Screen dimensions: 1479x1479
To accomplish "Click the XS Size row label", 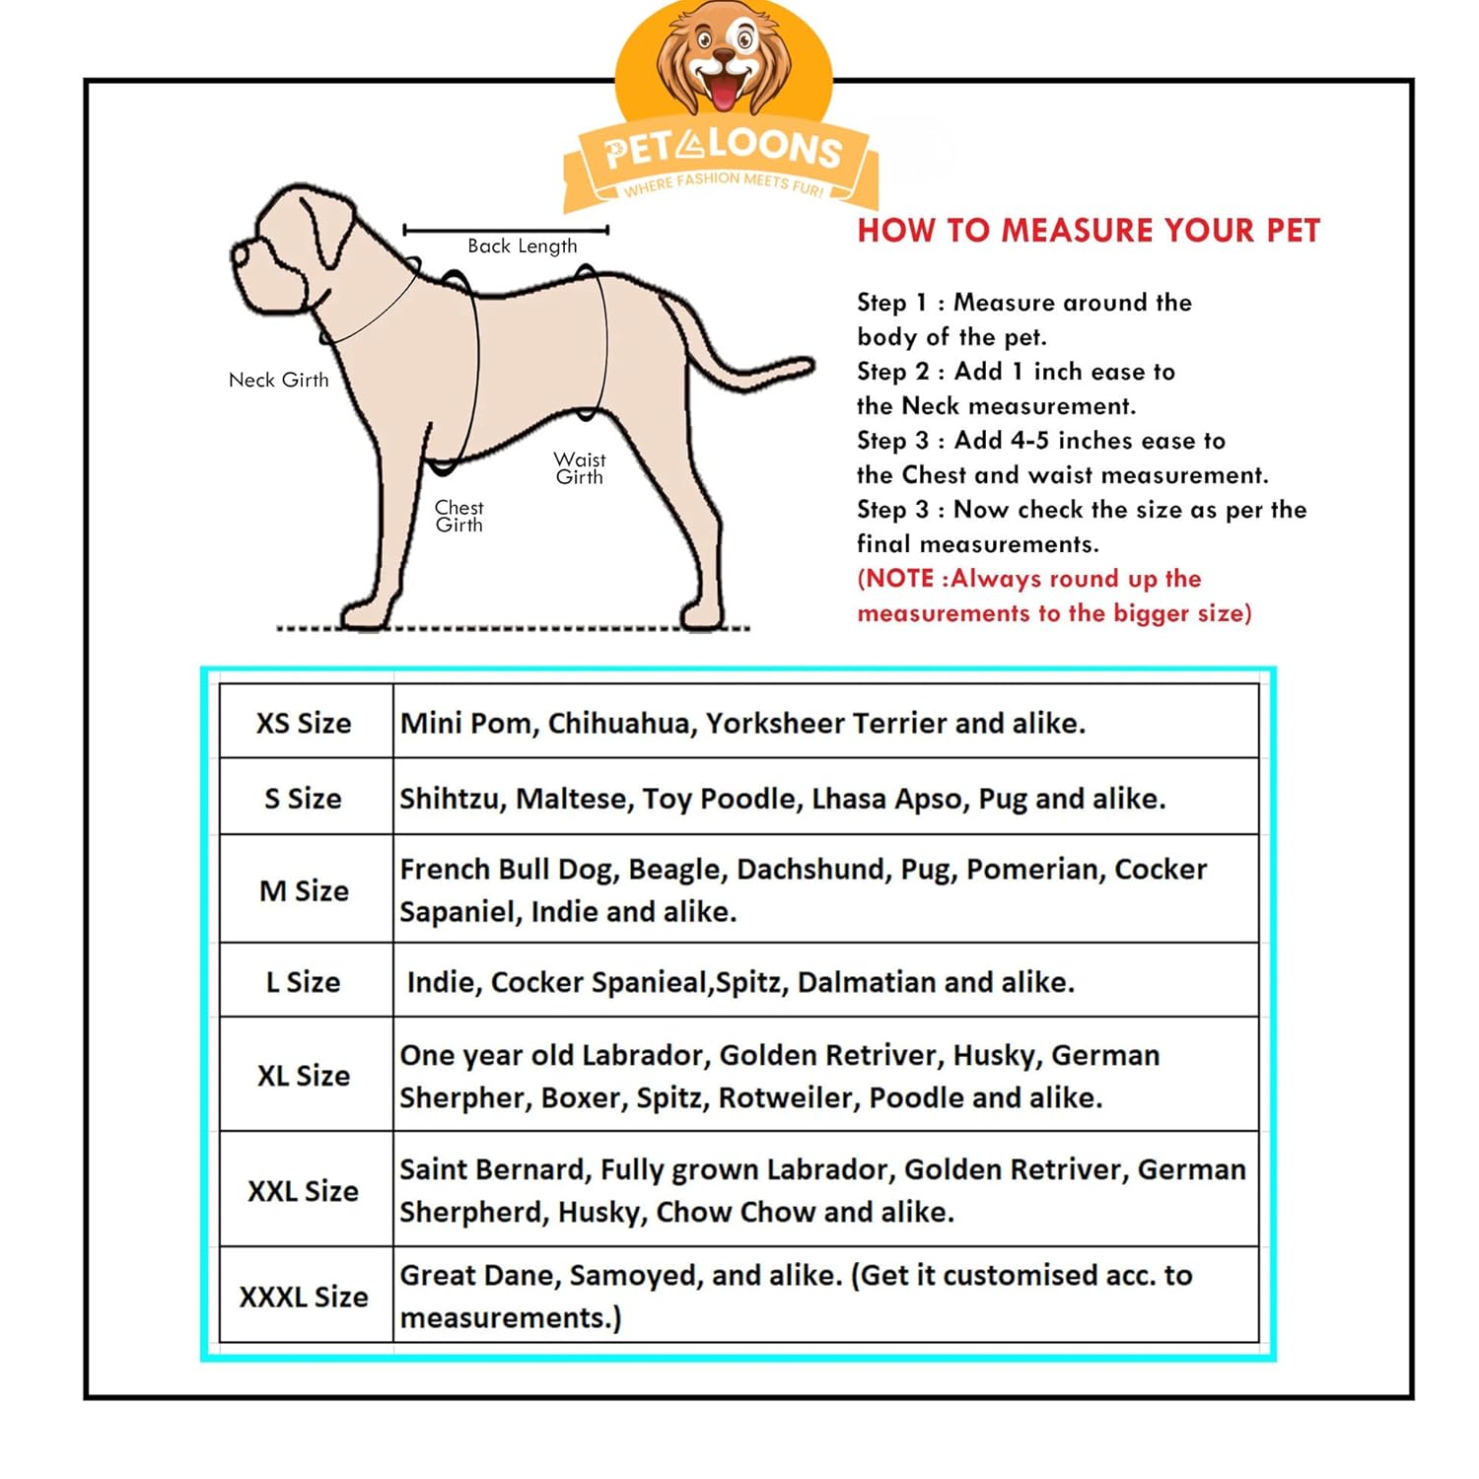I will pyautogui.click(x=304, y=723).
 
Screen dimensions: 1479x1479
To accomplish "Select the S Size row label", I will pyautogui.click(x=303, y=798).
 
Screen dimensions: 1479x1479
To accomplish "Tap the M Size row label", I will pyautogui.click(x=304, y=890).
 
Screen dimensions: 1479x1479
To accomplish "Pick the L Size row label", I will pyautogui.click(x=303, y=982).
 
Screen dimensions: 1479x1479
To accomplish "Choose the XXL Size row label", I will pyautogui.click(x=303, y=1191).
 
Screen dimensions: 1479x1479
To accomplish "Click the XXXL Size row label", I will pyautogui.click(x=304, y=1297).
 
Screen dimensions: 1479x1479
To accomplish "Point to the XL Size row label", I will pyautogui.click(x=304, y=1075).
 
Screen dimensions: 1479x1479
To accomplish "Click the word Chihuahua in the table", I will pyautogui.click(x=618, y=724).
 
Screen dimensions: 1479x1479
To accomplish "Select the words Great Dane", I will pyautogui.click(x=480, y=1275).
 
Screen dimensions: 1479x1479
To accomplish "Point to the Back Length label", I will pyautogui.click(x=522, y=246).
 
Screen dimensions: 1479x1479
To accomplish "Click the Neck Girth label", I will pyautogui.click(x=278, y=380).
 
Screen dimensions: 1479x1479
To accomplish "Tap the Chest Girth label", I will pyautogui.click(x=459, y=516).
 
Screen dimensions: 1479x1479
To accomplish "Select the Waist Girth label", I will pyautogui.click(x=580, y=468).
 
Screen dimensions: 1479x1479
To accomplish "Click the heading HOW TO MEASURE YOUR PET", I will pyautogui.click(x=1088, y=231).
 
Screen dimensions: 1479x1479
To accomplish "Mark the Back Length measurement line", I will pyautogui.click(x=506, y=230).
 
